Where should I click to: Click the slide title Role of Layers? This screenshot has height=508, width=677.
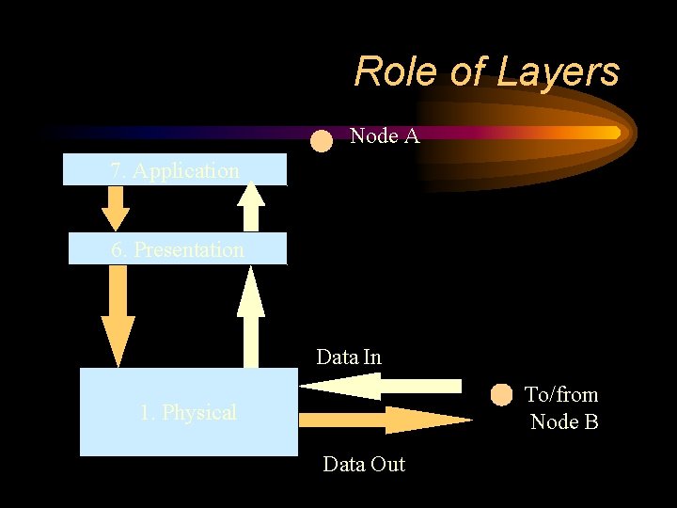486,71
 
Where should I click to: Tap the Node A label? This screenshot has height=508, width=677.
384,136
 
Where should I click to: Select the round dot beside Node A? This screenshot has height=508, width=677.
322,141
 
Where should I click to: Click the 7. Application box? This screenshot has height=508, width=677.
174,170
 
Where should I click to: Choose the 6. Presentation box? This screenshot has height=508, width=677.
178,249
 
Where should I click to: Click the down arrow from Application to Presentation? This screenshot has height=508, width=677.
115,207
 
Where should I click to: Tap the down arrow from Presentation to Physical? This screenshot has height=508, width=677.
118,314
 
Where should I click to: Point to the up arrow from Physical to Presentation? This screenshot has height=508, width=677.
250,316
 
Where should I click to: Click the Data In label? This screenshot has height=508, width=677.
349,357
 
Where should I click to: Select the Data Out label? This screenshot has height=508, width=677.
363,464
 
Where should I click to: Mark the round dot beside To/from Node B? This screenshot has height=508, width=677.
503,395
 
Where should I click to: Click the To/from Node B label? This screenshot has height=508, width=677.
562,407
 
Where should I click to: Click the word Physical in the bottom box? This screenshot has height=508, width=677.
199,412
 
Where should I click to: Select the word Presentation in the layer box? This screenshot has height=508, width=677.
189,249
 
